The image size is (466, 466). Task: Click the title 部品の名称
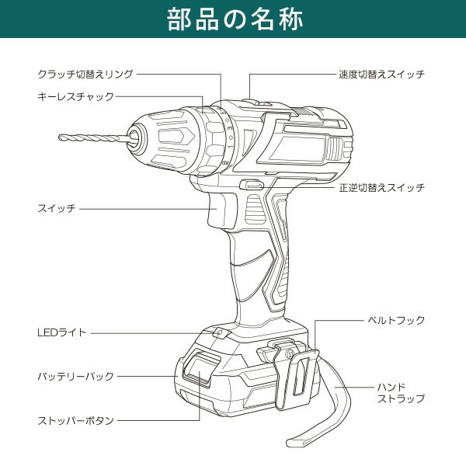[233, 19]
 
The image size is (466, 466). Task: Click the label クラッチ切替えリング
[85, 74]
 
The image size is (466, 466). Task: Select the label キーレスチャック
[75, 96]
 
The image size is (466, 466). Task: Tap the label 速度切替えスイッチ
[381, 74]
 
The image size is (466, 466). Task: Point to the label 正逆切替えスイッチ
[381, 188]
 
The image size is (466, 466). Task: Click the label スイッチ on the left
[56, 209]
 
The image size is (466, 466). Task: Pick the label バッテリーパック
[75, 376]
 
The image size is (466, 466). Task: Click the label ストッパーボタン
[75, 420]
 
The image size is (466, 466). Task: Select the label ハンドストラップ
[401, 392]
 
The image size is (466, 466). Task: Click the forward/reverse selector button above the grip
[252, 186]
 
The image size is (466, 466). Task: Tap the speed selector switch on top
[256, 102]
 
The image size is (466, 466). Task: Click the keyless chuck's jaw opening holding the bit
[134, 137]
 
